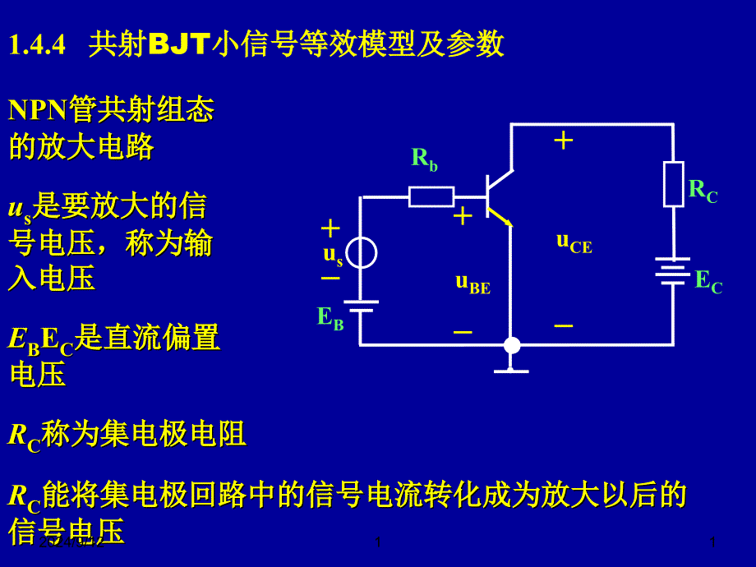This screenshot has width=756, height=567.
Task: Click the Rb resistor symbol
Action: [x=431, y=196]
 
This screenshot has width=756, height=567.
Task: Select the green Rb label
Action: [x=424, y=159]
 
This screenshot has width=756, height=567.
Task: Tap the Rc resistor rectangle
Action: [x=674, y=184]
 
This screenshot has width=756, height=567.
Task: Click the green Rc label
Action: [x=703, y=191]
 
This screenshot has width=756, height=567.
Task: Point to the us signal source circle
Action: [x=362, y=252]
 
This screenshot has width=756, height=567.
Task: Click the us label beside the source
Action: [x=333, y=255]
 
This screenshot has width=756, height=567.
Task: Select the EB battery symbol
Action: [x=361, y=306]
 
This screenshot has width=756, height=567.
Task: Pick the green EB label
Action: [x=330, y=317]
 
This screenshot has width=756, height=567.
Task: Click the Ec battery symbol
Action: [x=673, y=271]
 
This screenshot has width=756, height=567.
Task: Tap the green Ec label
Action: [x=708, y=282]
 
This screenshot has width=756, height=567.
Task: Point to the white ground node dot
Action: [x=512, y=345]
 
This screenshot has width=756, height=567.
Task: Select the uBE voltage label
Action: [x=472, y=283]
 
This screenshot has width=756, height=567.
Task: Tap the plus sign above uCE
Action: [x=563, y=141]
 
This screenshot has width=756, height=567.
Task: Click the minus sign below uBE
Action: [x=463, y=332]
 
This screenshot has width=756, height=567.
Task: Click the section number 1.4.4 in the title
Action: [x=37, y=44]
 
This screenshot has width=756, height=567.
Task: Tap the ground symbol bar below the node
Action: [x=511, y=371]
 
